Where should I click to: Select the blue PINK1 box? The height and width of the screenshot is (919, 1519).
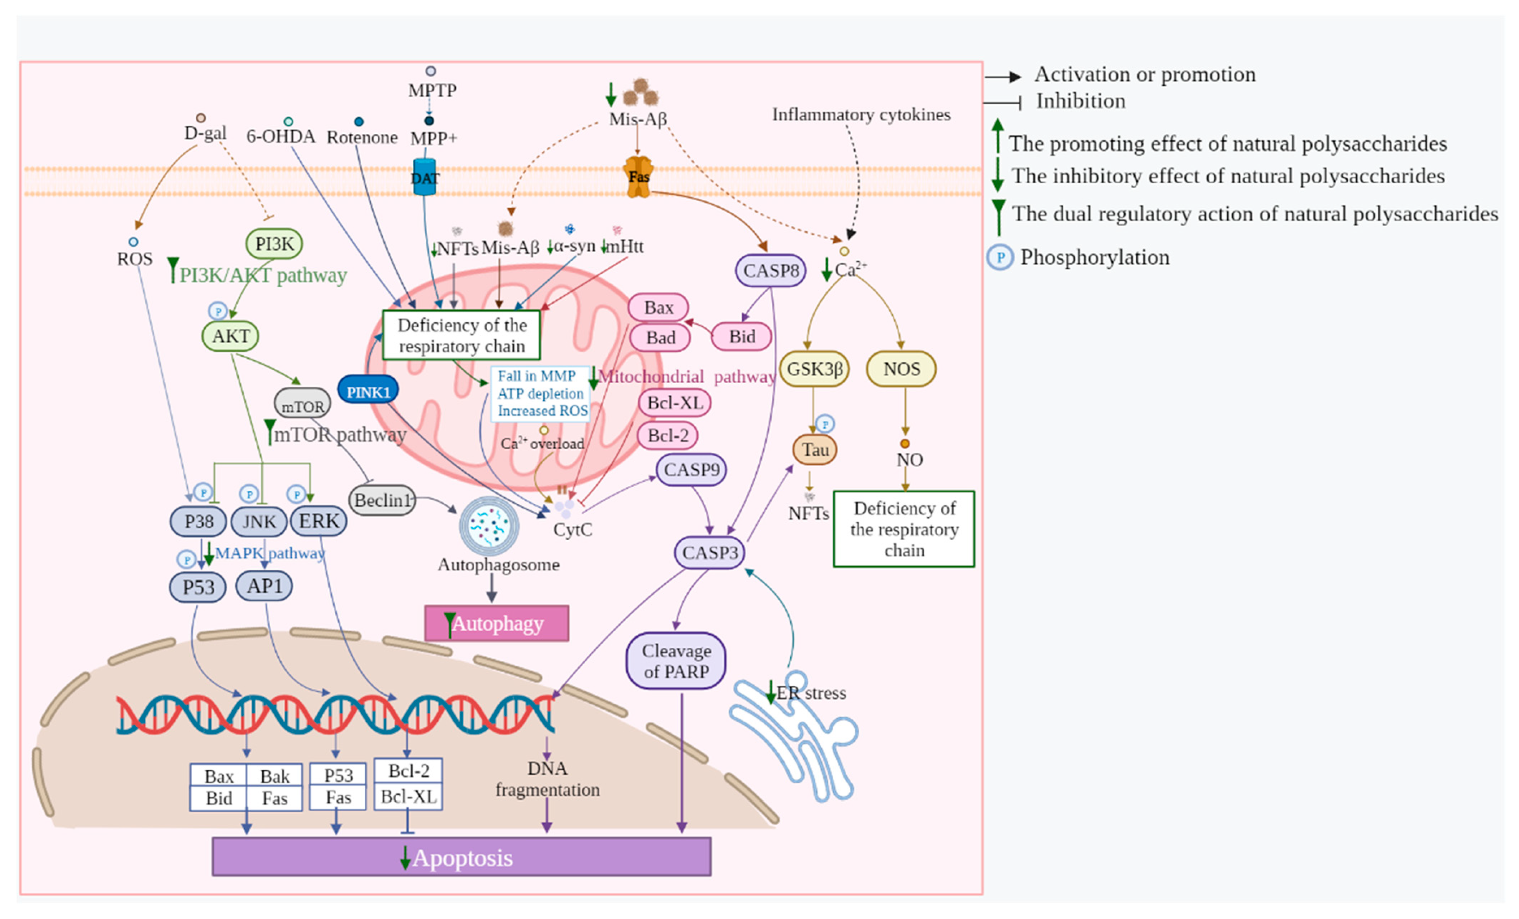tap(368, 391)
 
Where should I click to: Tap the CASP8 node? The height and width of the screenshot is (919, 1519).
tap(770, 271)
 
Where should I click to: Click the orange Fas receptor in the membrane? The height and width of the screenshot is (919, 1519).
tap(639, 177)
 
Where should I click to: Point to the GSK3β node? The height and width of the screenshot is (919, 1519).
tap(814, 369)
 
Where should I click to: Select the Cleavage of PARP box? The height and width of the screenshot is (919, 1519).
tap(676, 661)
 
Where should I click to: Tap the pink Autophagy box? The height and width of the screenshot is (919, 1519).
tap(496, 624)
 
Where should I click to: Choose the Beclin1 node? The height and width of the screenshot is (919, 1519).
tap(382, 500)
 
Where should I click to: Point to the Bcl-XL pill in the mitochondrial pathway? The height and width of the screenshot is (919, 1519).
tap(675, 403)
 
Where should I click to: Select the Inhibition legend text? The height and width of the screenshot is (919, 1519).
tap(1080, 101)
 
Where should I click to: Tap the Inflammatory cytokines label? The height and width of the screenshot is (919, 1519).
tap(861, 115)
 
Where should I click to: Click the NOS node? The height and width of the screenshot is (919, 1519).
tap(901, 369)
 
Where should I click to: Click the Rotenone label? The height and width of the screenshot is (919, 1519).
tap(362, 137)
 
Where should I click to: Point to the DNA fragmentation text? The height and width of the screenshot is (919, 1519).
tap(547, 779)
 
